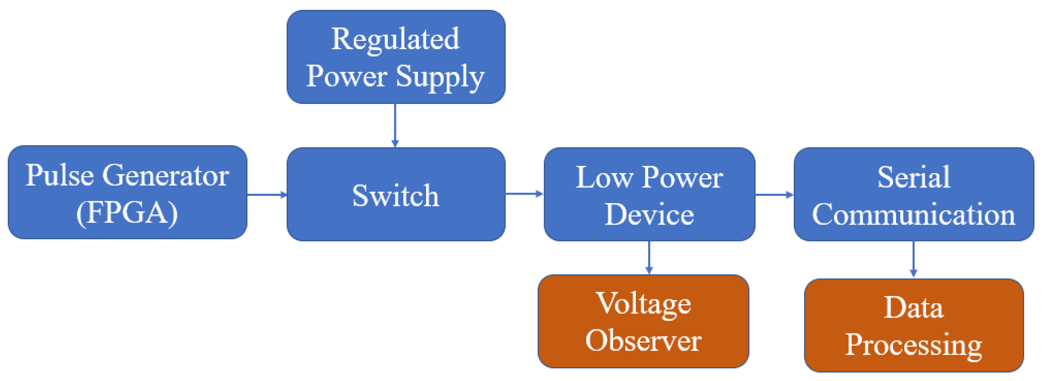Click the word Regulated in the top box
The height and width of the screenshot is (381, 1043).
(x=395, y=39)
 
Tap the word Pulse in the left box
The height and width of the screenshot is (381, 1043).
(x=60, y=176)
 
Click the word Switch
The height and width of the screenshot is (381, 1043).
(x=395, y=195)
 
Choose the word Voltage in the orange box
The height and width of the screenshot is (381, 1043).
(x=643, y=304)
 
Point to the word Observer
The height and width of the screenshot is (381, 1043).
(x=643, y=340)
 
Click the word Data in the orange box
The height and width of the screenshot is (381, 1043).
(x=913, y=308)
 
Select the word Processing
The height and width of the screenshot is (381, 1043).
(x=913, y=345)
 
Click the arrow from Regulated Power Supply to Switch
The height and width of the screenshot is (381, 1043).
(x=395, y=125)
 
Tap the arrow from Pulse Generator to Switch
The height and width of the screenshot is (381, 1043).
(x=267, y=195)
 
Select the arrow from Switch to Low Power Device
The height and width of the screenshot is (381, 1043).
(x=524, y=194)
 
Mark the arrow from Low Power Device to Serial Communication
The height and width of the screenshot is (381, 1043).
(x=774, y=195)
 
